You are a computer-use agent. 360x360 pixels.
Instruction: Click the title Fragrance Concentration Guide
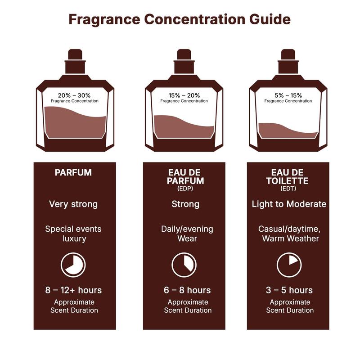180,19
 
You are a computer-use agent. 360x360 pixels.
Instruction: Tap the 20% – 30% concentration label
74,95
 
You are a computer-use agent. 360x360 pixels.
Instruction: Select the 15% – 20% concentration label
184,95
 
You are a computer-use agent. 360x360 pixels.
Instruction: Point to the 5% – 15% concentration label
288,95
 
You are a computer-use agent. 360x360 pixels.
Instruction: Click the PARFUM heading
73,172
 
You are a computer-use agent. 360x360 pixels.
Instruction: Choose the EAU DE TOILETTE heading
288,176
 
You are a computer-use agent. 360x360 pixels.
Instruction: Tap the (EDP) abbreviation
184,189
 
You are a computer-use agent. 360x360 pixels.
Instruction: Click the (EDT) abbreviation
288,189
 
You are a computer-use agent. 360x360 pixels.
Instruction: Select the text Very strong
73,204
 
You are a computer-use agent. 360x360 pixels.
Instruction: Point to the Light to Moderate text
288,204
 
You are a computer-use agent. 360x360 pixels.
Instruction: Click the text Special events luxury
73,234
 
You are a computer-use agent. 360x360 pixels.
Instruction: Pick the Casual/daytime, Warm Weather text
288,234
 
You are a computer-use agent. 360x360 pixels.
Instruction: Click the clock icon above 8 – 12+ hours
73,265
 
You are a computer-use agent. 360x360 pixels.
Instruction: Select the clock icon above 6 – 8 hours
184,265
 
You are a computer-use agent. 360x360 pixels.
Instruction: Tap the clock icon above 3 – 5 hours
289,265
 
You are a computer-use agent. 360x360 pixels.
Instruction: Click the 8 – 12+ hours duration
73,290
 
